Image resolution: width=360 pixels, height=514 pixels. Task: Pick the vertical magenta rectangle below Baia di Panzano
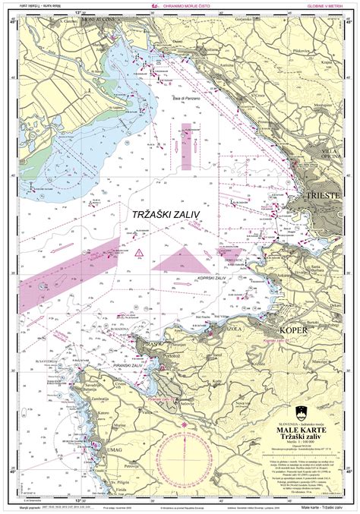[x=186, y=146]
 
